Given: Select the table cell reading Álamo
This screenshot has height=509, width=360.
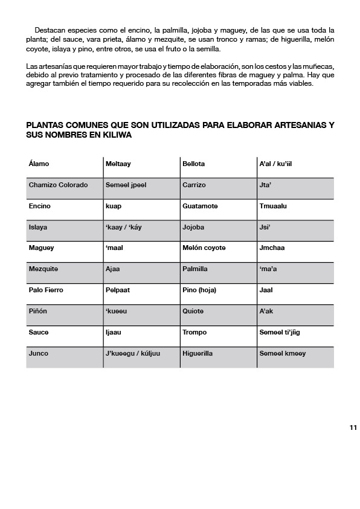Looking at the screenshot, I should point(39,164).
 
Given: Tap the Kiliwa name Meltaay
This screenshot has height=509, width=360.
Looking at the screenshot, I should point(118,164).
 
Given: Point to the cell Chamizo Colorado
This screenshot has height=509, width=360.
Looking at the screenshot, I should point(58,185).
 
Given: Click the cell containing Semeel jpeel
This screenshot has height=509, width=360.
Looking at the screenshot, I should point(126,185).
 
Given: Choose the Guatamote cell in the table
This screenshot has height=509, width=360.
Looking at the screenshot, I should point(198,206).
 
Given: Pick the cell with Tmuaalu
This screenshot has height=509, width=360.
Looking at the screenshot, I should point(273,206).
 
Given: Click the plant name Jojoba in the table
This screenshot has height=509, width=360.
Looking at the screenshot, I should point(193,227).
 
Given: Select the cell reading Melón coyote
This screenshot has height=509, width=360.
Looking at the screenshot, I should point(204,248).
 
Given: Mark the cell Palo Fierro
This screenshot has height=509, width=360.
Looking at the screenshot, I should point(46,290).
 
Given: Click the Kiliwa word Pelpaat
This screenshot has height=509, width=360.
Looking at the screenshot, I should point(118,290).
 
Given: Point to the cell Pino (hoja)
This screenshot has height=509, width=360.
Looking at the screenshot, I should point(199,290).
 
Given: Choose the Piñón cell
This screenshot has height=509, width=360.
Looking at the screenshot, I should point(38,311).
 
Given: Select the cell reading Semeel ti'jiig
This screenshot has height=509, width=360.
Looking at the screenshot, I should point(279,332).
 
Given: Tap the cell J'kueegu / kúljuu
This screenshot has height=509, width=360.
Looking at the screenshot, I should point(132,353).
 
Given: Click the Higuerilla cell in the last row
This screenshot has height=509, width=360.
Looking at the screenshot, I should point(198,353).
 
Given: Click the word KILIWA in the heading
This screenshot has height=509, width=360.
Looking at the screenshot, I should point(115,135).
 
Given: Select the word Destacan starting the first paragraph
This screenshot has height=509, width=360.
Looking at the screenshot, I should point(50,30).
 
